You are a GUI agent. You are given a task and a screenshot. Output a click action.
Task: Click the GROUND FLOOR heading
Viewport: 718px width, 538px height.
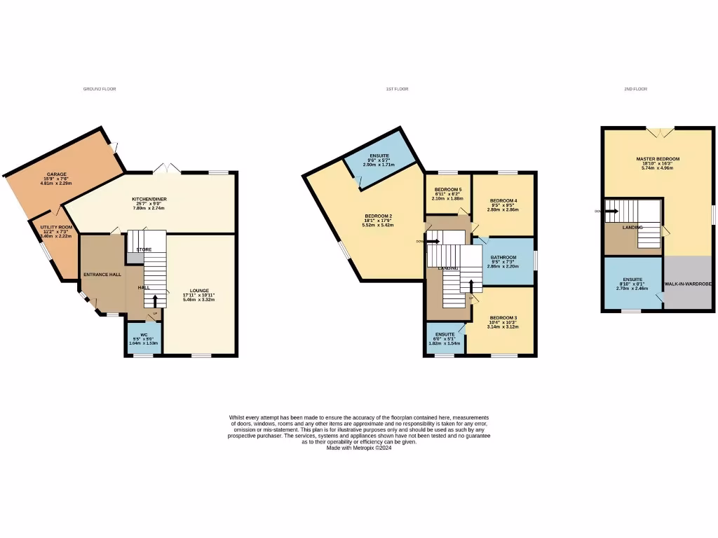[100, 89]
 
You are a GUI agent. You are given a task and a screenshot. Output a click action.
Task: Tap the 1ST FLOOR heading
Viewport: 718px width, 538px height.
[397, 89]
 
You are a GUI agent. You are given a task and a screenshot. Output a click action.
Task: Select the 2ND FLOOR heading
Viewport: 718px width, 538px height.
[635, 89]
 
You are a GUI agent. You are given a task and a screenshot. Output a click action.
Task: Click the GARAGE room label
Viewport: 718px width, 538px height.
[57, 174]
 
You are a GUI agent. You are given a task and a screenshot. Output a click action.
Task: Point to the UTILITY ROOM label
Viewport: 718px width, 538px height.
[55, 227]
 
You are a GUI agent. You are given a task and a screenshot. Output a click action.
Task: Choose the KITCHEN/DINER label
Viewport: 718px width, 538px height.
[149, 199]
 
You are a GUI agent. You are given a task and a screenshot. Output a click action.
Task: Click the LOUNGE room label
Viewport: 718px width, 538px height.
[198, 290]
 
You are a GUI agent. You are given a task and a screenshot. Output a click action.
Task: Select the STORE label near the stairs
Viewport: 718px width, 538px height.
[144, 249]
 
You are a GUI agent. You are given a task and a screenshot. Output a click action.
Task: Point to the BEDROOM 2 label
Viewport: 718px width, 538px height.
[378, 215]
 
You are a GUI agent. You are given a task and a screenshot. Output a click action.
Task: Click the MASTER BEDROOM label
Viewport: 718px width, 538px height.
[658, 159]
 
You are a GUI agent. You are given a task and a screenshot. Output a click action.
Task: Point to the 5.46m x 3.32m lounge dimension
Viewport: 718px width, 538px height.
[198, 299]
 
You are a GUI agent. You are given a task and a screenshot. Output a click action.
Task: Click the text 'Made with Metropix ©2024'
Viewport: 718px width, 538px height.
[359, 448]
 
